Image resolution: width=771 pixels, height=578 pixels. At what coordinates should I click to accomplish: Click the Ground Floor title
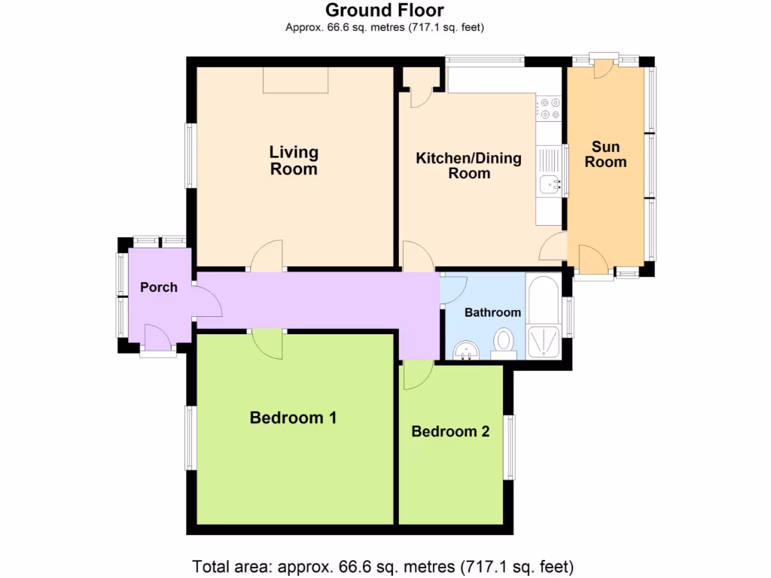pyautogui.click(x=384, y=11)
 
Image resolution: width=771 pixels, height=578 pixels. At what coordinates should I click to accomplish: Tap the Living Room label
pyautogui.click(x=294, y=160)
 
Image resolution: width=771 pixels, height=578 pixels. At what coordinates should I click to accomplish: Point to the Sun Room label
pyautogui.click(x=605, y=154)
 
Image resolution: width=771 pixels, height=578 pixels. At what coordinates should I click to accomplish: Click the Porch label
pyautogui.click(x=159, y=287)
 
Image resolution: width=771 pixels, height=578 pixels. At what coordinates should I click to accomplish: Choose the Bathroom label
pyautogui.click(x=492, y=312)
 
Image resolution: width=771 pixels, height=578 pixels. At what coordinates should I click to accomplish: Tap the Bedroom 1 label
pyautogui.click(x=293, y=418)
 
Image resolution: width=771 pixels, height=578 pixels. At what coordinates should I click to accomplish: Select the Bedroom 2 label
pyautogui.click(x=450, y=432)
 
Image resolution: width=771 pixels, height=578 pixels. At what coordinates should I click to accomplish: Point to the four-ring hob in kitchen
pyautogui.click(x=548, y=109)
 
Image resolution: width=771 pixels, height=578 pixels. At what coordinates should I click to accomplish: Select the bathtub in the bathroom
pyautogui.click(x=541, y=299)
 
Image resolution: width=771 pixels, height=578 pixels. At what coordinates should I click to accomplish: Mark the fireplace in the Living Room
pyautogui.click(x=295, y=80)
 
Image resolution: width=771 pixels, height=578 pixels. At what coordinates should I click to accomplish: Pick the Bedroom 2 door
pyautogui.click(x=416, y=375)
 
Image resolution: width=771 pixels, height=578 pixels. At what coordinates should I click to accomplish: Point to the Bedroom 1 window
pyautogui.click(x=190, y=437)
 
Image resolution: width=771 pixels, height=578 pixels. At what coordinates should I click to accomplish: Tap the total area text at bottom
pyautogui.click(x=384, y=566)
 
